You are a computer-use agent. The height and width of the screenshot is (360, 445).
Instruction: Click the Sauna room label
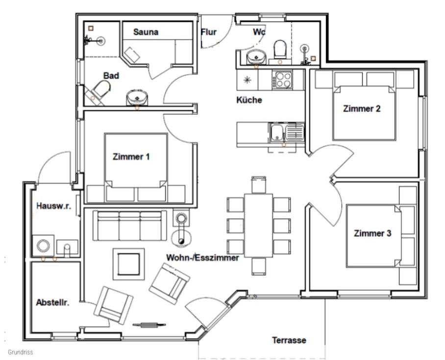[x=146, y=32]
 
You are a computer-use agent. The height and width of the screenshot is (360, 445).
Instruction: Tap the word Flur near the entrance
[x=209, y=32]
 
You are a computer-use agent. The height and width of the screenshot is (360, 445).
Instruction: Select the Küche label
[x=249, y=100]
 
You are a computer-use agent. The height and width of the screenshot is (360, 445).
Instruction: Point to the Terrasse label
[x=289, y=340]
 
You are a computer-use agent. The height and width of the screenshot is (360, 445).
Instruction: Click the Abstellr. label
[x=53, y=303]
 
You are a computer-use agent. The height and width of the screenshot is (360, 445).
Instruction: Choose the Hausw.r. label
[x=53, y=206]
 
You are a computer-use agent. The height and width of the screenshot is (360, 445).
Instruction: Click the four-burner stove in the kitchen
[x=282, y=80]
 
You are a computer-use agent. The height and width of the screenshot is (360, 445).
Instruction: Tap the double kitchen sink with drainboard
[x=287, y=133]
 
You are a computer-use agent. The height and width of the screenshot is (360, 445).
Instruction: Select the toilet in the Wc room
[x=280, y=49]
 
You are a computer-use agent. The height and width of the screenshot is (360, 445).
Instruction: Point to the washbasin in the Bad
[x=137, y=97]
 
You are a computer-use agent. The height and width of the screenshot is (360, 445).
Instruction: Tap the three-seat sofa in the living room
[x=130, y=225]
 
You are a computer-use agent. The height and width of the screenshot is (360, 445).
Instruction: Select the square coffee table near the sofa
[x=128, y=264]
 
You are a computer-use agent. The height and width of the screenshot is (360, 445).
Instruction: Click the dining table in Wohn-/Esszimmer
[x=259, y=225]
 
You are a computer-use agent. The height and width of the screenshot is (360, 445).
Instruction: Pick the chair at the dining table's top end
[x=259, y=185]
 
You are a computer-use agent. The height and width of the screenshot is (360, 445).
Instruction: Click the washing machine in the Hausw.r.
[x=43, y=245]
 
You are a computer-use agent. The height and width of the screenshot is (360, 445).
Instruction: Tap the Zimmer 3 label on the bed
[x=372, y=233]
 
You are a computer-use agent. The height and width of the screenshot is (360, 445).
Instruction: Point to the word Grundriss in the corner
[x=21, y=352]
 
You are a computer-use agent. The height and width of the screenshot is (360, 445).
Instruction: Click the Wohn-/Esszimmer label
[x=202, y=258]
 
